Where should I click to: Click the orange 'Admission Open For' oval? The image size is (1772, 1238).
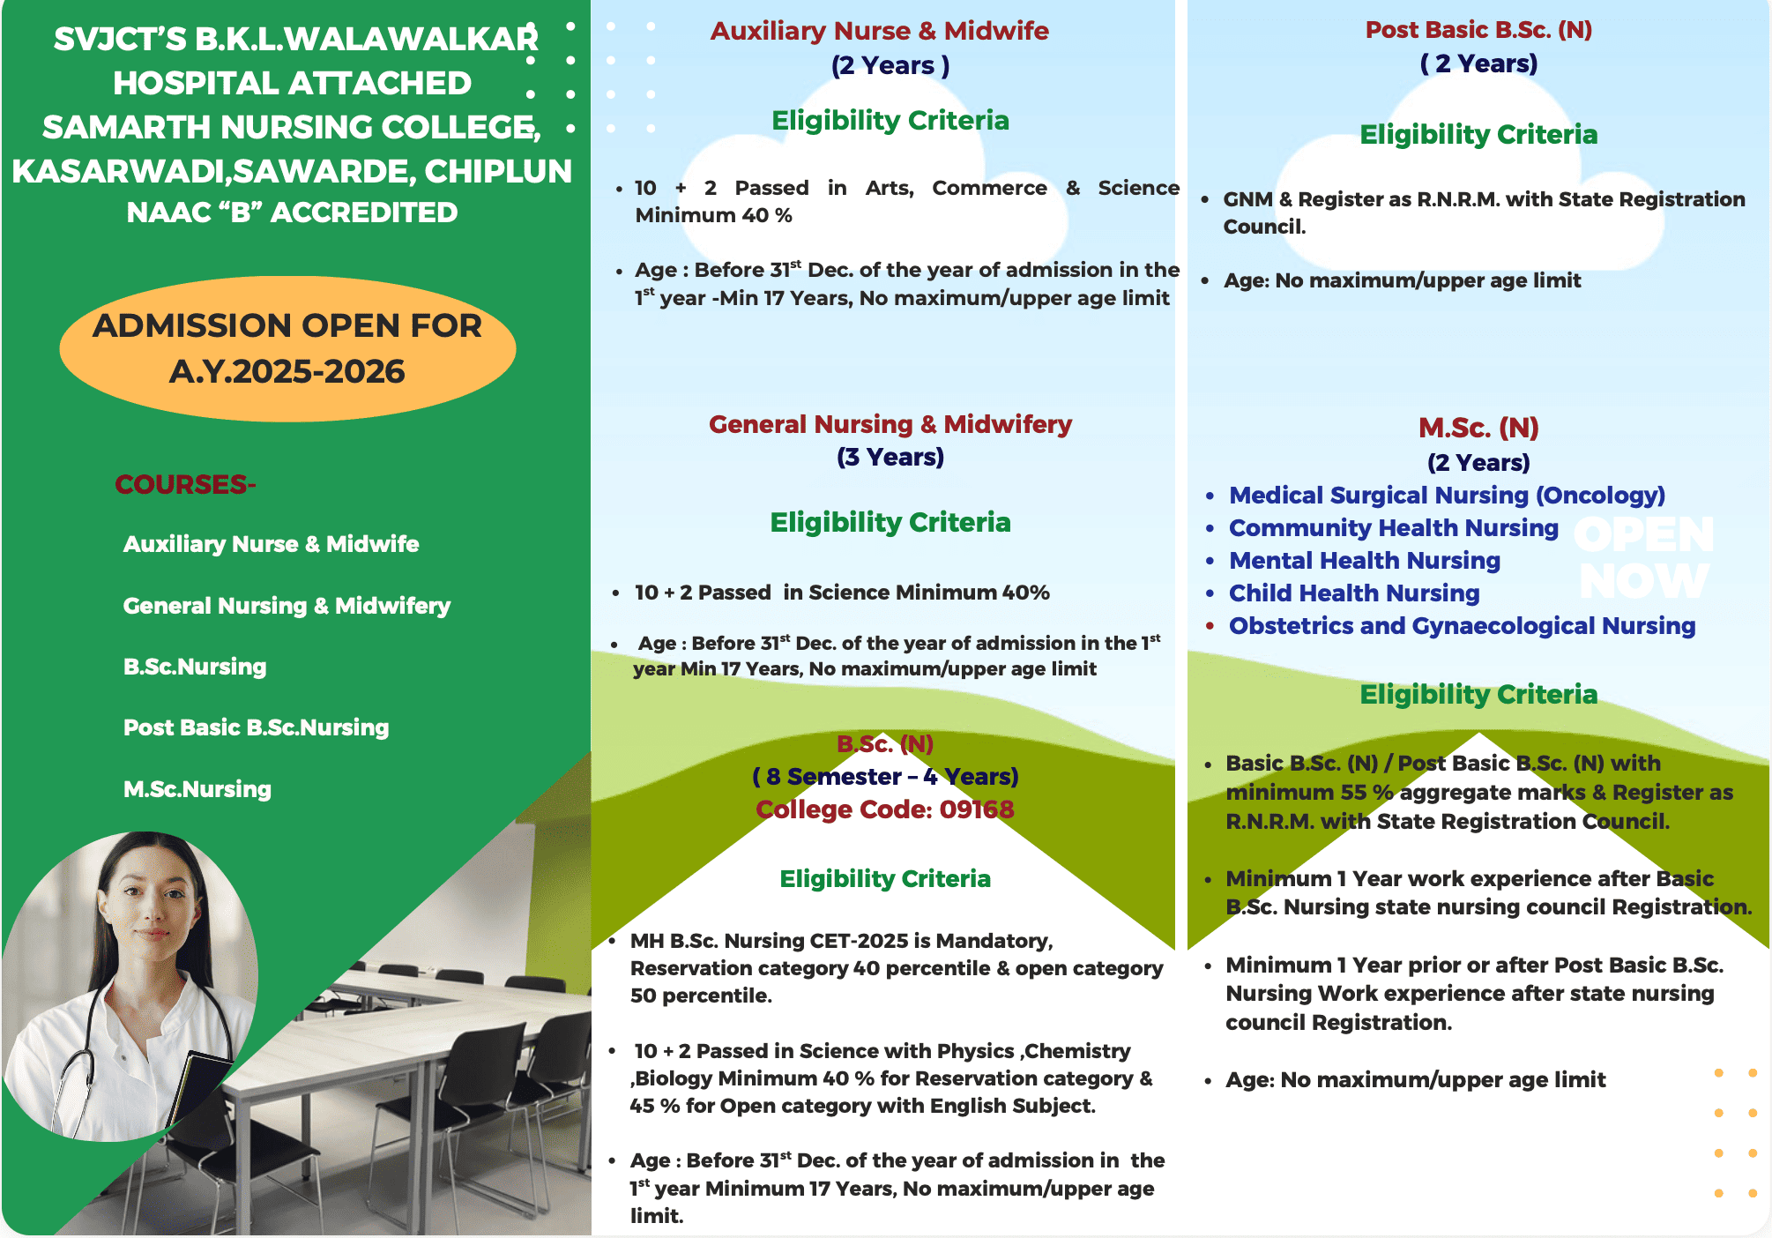pos(287,349)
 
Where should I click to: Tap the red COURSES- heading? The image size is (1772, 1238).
pos(185,484)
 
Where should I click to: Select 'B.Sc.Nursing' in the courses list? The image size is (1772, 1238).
pos(195,667)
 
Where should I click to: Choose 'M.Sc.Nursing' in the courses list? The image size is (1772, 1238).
pos(197,789)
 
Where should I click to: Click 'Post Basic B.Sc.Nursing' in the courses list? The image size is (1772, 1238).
pos(256,727)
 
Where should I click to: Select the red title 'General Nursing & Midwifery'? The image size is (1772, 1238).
pos(890,424)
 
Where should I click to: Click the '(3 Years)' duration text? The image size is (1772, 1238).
pos(890,458)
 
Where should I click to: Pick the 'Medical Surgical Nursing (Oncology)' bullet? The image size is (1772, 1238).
pos(1447,496)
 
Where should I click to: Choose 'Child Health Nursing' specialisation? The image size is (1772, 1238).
pos(1354,593)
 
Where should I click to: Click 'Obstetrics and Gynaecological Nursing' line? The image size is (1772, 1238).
pos(1462,626)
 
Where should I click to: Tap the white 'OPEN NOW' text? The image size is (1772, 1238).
pos(1644,558)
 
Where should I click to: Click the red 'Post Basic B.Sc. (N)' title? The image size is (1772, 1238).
pos(1478,30)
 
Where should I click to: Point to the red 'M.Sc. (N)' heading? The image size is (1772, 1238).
pos(1478,428)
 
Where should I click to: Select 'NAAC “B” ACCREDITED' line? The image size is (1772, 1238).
pos(292,213)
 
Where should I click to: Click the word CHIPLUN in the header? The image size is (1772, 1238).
pos(498,171)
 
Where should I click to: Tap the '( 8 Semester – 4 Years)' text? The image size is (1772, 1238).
pos(885,777)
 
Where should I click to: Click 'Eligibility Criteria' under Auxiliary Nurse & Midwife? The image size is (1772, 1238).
pos(890,121)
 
